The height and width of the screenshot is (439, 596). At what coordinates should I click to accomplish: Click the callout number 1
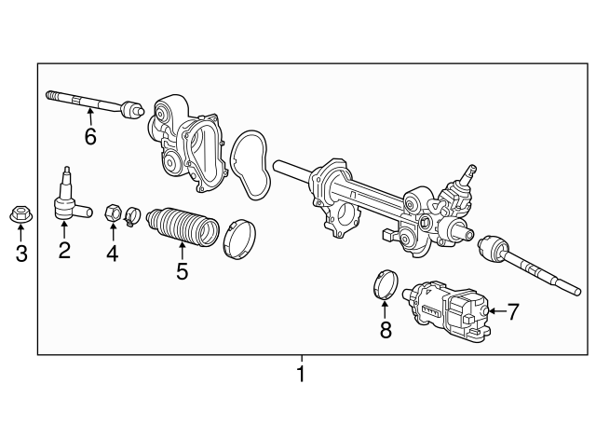pyautogui.click(x=300, y=375)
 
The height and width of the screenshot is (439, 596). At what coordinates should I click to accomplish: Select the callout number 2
pyautogui.click(x=64, y=250)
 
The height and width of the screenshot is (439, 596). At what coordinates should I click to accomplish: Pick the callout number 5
pyautogui.click(x=182, y=271)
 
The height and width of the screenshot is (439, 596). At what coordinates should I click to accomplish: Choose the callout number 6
pyautogui.click(x=90, y=137)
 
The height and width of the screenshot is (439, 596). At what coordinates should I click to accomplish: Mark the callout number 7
pyautogui.click(x=511, y=310)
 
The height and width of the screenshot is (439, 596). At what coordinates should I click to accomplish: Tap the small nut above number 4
pyautogui.click(x=111, y=213)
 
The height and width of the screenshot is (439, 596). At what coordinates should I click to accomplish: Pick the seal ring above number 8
pyautogui.click(x=386, y=285)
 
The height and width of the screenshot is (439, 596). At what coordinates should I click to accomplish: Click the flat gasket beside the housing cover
pyautogui.click(x=249, y=165)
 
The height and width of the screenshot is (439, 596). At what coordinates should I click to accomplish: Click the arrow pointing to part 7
pyautogui.click(x=494, y=310)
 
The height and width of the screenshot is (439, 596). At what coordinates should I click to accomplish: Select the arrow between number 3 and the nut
pyautogui.click(x=20, y=233)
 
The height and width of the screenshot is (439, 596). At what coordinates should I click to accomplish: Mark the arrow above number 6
pyautogui.click(x=90, y=117)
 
